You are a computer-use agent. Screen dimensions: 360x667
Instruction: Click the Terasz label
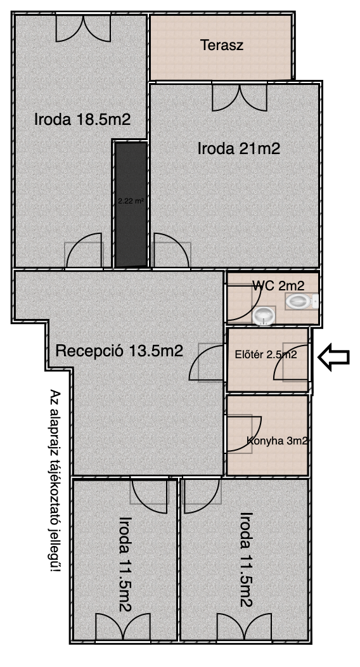point(222,45)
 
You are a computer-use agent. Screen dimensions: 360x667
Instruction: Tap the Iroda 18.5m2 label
point(82,120)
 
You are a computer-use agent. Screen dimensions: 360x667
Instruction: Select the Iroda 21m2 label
point(239,149)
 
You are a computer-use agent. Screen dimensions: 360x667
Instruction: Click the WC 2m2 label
point(278,285)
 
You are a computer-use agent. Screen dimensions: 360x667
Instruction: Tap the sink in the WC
point(264,316)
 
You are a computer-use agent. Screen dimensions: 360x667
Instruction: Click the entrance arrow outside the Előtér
point(334,358)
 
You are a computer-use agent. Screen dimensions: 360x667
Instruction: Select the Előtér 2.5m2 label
point(266,354)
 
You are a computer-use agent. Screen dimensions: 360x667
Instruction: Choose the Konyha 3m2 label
point(277,441)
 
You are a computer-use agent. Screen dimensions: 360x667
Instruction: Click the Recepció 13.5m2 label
point(119,351)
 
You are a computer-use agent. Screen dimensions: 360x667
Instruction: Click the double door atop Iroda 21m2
point(240,98)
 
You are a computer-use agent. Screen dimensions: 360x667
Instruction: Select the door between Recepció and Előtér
point(207,362)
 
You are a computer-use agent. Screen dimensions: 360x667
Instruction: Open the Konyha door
point(244,434)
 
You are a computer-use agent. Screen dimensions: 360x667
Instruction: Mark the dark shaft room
point(131,205)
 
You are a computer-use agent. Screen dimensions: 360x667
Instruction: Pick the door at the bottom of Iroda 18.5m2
point(84,251)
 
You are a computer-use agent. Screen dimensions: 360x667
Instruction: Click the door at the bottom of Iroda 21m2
point(171,251)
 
